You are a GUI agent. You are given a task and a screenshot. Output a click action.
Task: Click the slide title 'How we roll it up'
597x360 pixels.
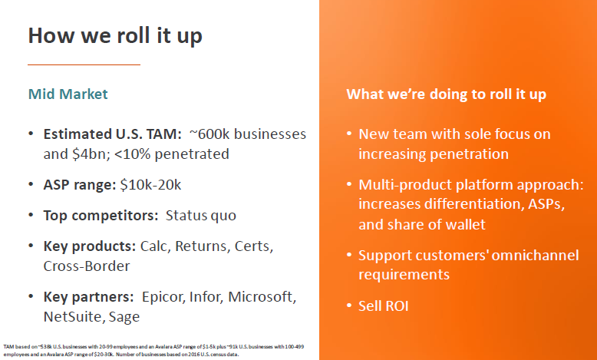[115, 35]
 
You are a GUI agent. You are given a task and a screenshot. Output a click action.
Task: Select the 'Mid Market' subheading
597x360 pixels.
[68, 94]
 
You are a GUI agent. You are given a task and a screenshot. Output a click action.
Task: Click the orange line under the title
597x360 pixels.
[84, 64]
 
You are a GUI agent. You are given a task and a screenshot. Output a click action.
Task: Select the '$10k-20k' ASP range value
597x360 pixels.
[150, 184]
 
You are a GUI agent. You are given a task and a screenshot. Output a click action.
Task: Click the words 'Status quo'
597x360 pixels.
[201, 215]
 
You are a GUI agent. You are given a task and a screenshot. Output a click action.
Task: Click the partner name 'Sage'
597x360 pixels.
[124, 315]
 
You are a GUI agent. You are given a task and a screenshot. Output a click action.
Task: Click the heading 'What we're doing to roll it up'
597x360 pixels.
[446, 94]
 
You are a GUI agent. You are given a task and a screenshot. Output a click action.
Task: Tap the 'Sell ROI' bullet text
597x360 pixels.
[384, 306]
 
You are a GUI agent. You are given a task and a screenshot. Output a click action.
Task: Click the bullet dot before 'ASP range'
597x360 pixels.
[31, 184]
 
